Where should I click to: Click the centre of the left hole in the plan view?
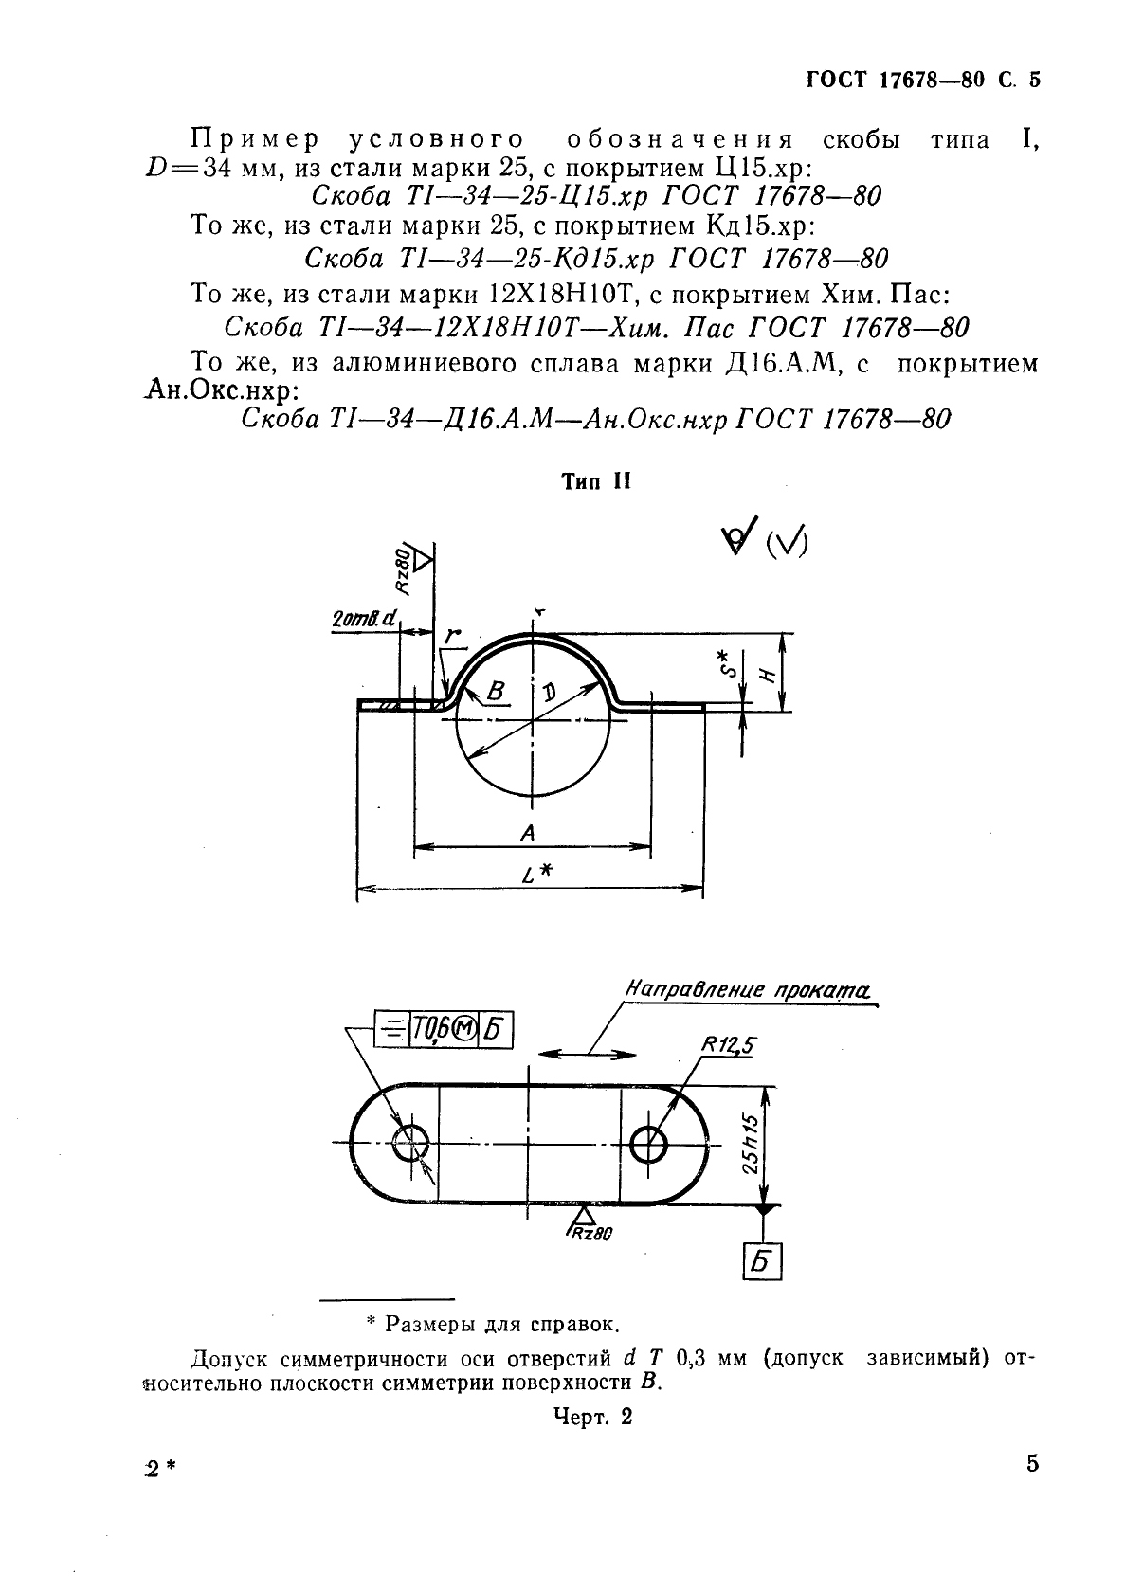(x=411, y=1143)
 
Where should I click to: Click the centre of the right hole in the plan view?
(x=647, y=1143)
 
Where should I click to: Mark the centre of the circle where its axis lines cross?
(x=533, y=720)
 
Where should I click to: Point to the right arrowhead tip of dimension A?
(x=651, y=846)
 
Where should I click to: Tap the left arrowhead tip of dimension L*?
(x=357, y=888)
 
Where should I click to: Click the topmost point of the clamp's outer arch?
(x=533, y=633)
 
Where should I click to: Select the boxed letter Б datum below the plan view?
(x=762, y=1262)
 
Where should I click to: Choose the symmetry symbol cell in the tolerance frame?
(x=391, y=1030)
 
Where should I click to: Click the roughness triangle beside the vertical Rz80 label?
(x=423, y=560)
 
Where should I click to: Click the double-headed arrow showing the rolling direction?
(x=588, y=1055)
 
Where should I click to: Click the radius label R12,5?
(x=729, y=1045)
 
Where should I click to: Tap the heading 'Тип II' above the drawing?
(x=596, y=482)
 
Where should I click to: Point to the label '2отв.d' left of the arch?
(x=364, y=619)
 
